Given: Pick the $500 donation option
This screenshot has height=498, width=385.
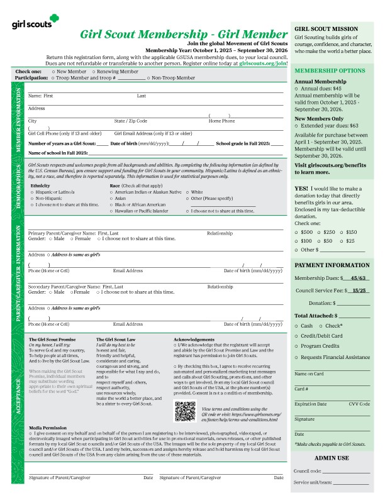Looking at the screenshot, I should click(x=296, y=232).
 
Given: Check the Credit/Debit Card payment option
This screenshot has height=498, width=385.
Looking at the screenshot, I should click(x=296, y=336).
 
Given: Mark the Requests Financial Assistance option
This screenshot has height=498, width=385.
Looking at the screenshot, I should click(x=296, y=357).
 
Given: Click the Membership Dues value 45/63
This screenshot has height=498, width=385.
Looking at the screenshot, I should click(x=360, y=277).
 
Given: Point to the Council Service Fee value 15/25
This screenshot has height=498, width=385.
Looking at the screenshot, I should click(x=360, y=290).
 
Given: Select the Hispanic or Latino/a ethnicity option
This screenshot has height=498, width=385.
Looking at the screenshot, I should click(x=32, y=192).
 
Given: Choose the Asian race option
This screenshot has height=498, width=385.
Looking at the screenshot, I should click(x=111, y=198).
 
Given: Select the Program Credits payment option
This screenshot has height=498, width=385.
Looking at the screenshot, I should click(x=296, y=346).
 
